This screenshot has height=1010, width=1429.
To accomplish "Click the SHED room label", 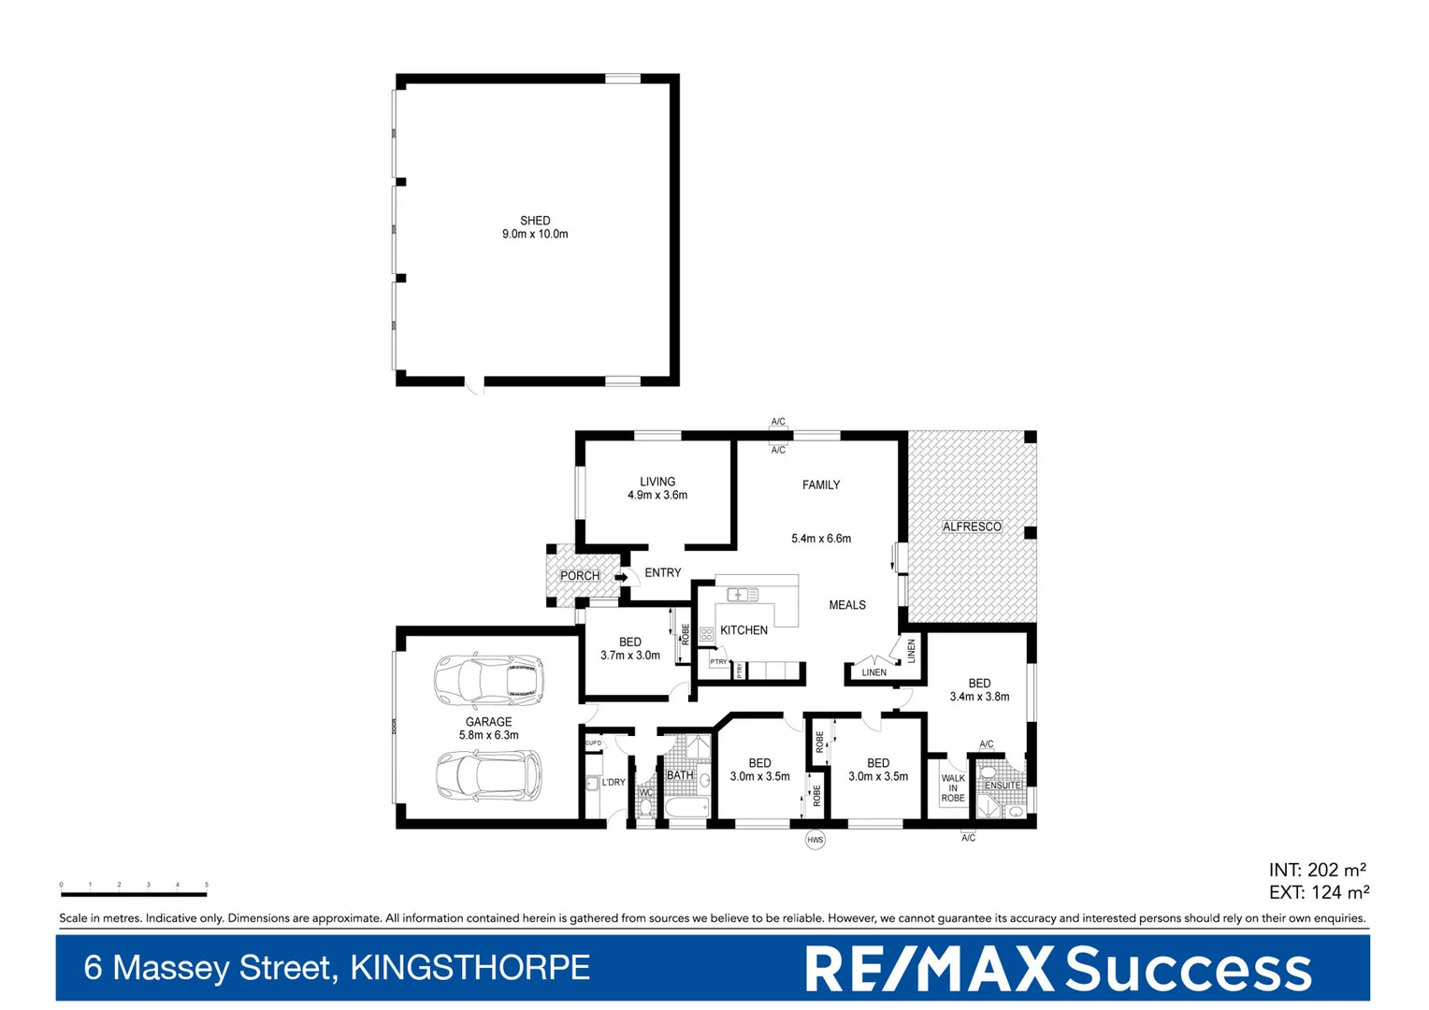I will (535, 221).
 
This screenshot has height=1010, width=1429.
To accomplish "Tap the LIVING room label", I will (657, 482).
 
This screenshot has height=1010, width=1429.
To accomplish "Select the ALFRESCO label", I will (972, 527).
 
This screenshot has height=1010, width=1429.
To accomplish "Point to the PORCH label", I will (580, 576).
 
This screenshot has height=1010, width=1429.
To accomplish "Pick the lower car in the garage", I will (488, 776).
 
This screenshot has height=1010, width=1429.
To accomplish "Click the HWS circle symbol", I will (816, 840).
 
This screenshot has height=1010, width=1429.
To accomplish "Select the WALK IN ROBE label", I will (953, 787).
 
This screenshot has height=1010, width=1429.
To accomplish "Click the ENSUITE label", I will (1003, 786).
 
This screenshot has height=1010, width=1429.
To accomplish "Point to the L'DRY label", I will (613, 783).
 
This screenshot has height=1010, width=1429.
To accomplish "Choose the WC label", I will (645, 793).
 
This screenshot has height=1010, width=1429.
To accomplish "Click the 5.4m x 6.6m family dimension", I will (821, 539).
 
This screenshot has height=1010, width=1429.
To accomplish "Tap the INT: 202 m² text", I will (1318, 871).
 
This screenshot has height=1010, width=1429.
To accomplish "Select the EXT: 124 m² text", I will (1319, 893).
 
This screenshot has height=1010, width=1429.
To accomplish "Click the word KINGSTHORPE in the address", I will (469, 968).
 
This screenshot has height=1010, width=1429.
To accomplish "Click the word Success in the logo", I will (1189, 970).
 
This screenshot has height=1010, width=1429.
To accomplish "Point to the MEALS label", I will (847, 605).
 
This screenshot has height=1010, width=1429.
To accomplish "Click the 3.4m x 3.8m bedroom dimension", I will (979, 697).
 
